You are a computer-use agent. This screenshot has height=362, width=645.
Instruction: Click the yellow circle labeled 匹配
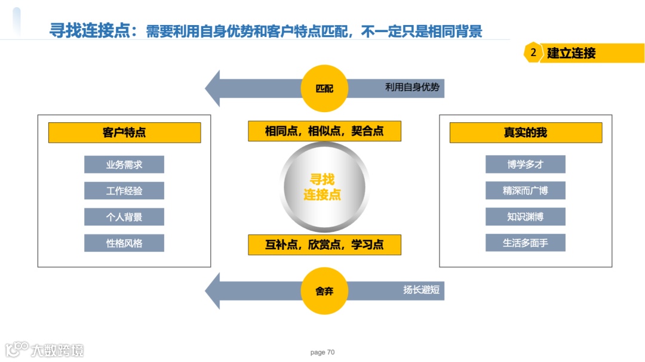[324, 89]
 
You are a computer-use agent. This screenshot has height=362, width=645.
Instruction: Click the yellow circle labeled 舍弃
[324, 291]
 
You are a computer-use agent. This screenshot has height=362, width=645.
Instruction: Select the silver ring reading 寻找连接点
[322, 187]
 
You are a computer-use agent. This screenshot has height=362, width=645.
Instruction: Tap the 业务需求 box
[124, 165]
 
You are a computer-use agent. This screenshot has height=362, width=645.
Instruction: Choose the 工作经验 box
[124, 191]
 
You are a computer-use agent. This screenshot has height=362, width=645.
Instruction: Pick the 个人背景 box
[124, 217]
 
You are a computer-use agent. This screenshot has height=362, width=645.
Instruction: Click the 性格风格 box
[124, 243]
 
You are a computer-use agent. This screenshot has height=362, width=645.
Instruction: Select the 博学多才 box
[526, 165]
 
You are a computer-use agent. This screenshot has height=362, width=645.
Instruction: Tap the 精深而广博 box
[526, 191]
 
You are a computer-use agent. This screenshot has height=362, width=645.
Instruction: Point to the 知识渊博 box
[526, 217]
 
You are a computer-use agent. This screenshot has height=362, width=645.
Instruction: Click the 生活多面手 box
[526, 243]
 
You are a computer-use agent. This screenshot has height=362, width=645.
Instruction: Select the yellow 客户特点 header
[124, 132]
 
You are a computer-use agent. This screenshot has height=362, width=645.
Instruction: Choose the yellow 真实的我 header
[526, 132]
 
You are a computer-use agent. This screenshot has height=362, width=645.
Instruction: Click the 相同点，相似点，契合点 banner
[324, 131]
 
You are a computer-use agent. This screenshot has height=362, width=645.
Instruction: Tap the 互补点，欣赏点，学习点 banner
[324, 245]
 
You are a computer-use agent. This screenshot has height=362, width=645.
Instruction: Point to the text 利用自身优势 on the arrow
[412, 88]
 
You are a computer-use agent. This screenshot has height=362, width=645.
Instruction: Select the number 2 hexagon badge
[533, 52]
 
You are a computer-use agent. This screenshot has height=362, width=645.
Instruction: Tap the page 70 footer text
[322, 352]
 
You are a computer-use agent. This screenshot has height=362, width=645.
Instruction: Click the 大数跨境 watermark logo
[45, 349]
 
